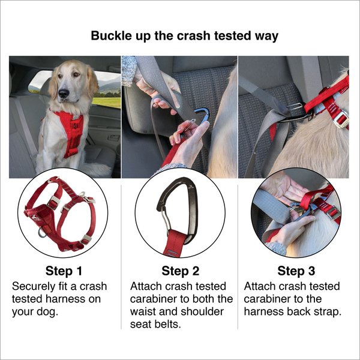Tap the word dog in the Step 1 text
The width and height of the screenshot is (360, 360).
(x=49, y=311)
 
